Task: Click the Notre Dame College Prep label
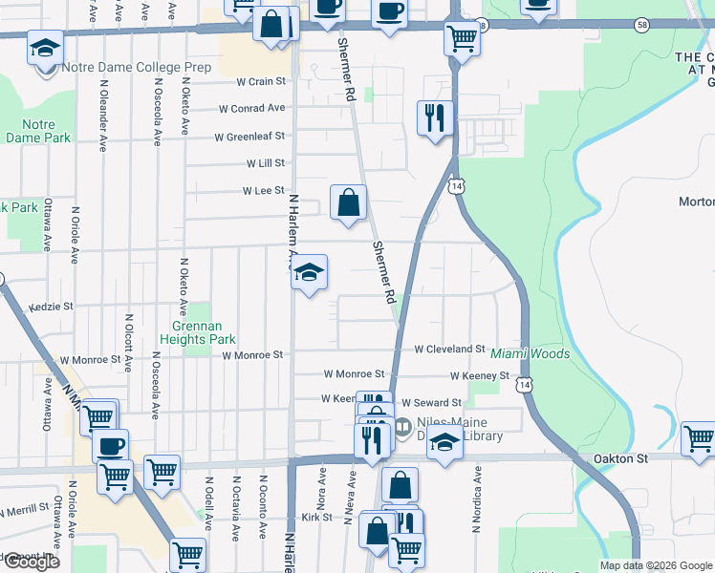tap(135, 68)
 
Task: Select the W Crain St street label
tap(246, 82)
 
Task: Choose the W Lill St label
tap(265, 164)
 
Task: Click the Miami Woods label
tap(531, 354)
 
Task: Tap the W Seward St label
tap(431, 403)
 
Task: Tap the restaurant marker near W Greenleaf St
tap(435, 118)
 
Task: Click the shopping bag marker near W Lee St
tap(348, 202)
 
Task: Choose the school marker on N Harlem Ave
tap(309, 272)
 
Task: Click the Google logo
tap(31, 562)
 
